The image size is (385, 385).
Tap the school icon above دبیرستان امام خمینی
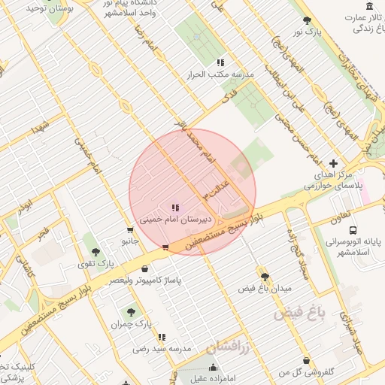pos(175,208)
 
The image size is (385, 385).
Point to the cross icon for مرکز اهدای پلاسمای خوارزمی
pos(334,162)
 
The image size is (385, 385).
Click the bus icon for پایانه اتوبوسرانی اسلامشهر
pos(353,232)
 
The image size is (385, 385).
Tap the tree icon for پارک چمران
pos(133,311)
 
